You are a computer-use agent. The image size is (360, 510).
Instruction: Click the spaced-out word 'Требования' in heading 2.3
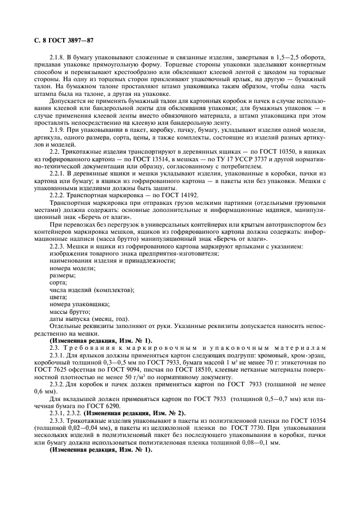(x=92, y=347)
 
